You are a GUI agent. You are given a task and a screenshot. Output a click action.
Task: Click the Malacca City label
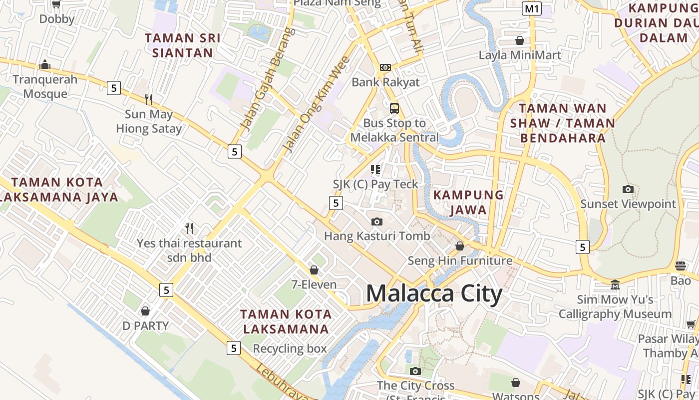pyautogui.click(x=434, y=294)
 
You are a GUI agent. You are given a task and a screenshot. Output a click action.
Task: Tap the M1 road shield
pyautogui.click(x=532, y=8)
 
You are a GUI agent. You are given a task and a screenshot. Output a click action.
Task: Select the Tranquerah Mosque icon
pyautogui.click(x=45, y=64)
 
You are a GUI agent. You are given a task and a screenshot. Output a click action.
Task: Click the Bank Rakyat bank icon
pyautogui.click(x=385, y=67)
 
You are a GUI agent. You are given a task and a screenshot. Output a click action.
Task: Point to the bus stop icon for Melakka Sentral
pyautogui.click(x=394, y=108)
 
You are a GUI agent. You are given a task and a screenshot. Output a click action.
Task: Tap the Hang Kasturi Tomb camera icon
pyautogui.click(x=377, y=221)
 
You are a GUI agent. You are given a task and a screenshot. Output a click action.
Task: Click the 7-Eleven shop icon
pyautogui.click(x=314, y=270)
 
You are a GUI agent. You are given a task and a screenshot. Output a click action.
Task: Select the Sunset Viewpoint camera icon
pyautogui.click(x=628, y=189)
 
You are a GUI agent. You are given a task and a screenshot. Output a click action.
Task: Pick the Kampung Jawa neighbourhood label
pyautogui.click(x=468, y=202)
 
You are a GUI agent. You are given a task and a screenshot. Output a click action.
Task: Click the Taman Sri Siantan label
pyautogui.click(x=182, y=45)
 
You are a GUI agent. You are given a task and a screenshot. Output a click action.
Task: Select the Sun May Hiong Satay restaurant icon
pyautogui.click(x=148, y=99)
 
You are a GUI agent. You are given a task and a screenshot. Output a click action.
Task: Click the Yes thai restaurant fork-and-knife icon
pyautogui.click(x=189, y=228)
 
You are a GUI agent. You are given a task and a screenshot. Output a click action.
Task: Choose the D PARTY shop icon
pyautogui.click(x=145, y=311)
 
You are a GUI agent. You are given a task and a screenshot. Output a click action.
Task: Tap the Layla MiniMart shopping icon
pyautogui.click(x=520, y=40)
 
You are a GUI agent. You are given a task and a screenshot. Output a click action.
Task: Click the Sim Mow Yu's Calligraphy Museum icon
pyautogui.click(x=615, y=284)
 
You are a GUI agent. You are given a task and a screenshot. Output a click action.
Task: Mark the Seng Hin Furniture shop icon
pyautogui.click(x=460, y=246)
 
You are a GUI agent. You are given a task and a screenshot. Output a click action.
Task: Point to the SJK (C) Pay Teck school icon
pyautogui.click(x=375, y=169)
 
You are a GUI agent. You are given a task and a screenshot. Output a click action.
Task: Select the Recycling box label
pyautogui.click(x=290, y=348)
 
